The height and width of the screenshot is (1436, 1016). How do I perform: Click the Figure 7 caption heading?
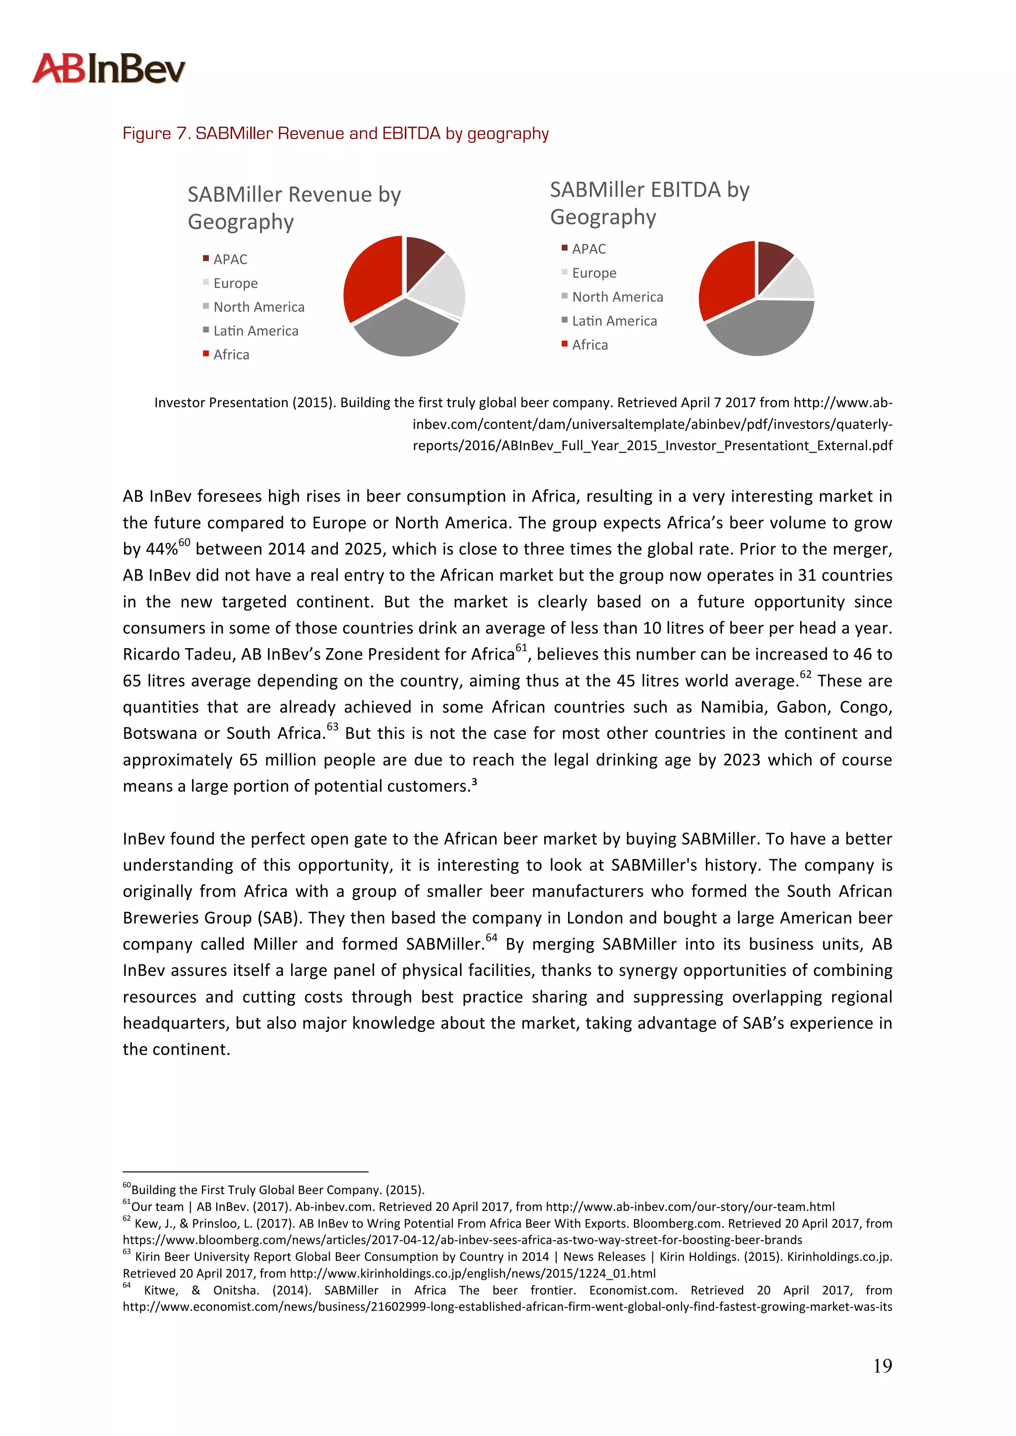tap(335, 133)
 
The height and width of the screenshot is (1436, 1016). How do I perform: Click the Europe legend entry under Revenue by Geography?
tap(235, 283)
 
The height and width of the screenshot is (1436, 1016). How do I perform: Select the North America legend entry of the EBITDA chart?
tap(617, 297)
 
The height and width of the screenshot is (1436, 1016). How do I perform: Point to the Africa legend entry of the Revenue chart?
tap(231, 355)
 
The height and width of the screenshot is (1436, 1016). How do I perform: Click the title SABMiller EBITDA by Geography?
tap(649, 203)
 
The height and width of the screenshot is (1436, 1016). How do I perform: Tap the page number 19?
tap(882, 1366)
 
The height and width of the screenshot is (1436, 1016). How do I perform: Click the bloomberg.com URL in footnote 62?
tap(462, 1240)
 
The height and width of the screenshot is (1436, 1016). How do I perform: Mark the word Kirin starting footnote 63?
tap(148, 1256)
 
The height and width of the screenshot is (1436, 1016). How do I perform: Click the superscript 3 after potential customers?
tap(474, 782)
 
